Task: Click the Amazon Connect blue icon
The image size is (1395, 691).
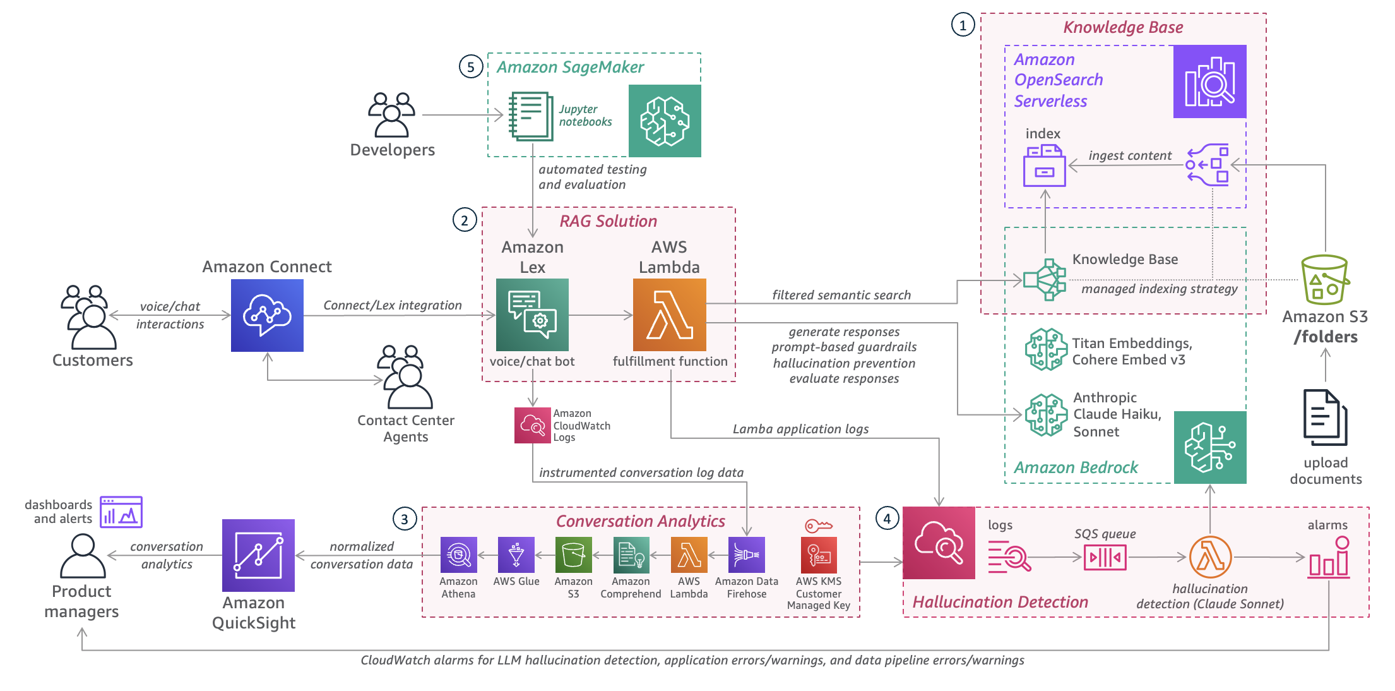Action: [267, 315]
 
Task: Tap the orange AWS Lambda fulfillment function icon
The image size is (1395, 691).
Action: [669, 315]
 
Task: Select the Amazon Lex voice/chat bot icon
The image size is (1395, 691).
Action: [532, 315]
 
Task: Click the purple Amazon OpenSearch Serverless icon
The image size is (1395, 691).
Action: [1209, 81]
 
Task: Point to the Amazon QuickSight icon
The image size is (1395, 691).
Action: [258, 555]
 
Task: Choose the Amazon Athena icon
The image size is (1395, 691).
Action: [458, 555]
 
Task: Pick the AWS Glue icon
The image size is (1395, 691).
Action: [516, 555]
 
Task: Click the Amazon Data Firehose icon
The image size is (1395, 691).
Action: [746, 555]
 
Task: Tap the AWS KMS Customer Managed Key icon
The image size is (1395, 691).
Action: [819, 555]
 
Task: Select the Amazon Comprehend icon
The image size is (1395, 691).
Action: [631, 555]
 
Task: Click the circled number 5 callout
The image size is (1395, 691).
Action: [471, 67]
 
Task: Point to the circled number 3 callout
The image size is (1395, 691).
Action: [405, 519]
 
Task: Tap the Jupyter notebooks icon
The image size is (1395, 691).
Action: [531, 116]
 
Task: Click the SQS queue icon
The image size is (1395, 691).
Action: [1105, 557]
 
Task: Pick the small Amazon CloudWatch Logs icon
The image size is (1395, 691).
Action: [532, 425]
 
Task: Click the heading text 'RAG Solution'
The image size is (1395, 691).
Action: [608, 221]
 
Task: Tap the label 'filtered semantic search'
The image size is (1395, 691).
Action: [841, 295]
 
